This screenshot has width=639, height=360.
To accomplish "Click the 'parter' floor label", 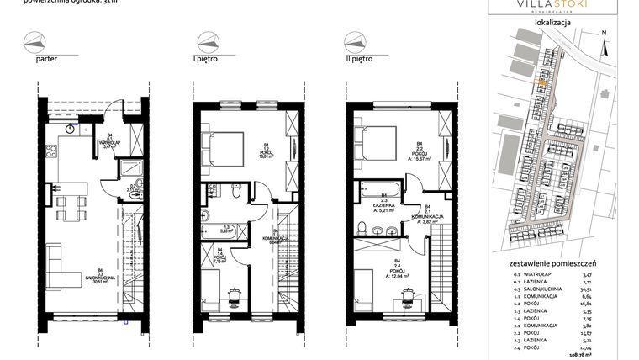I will tap(47, 61).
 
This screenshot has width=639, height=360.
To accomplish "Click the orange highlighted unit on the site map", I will tap(541, 82).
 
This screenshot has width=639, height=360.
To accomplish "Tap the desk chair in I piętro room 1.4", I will tap(236, 292).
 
